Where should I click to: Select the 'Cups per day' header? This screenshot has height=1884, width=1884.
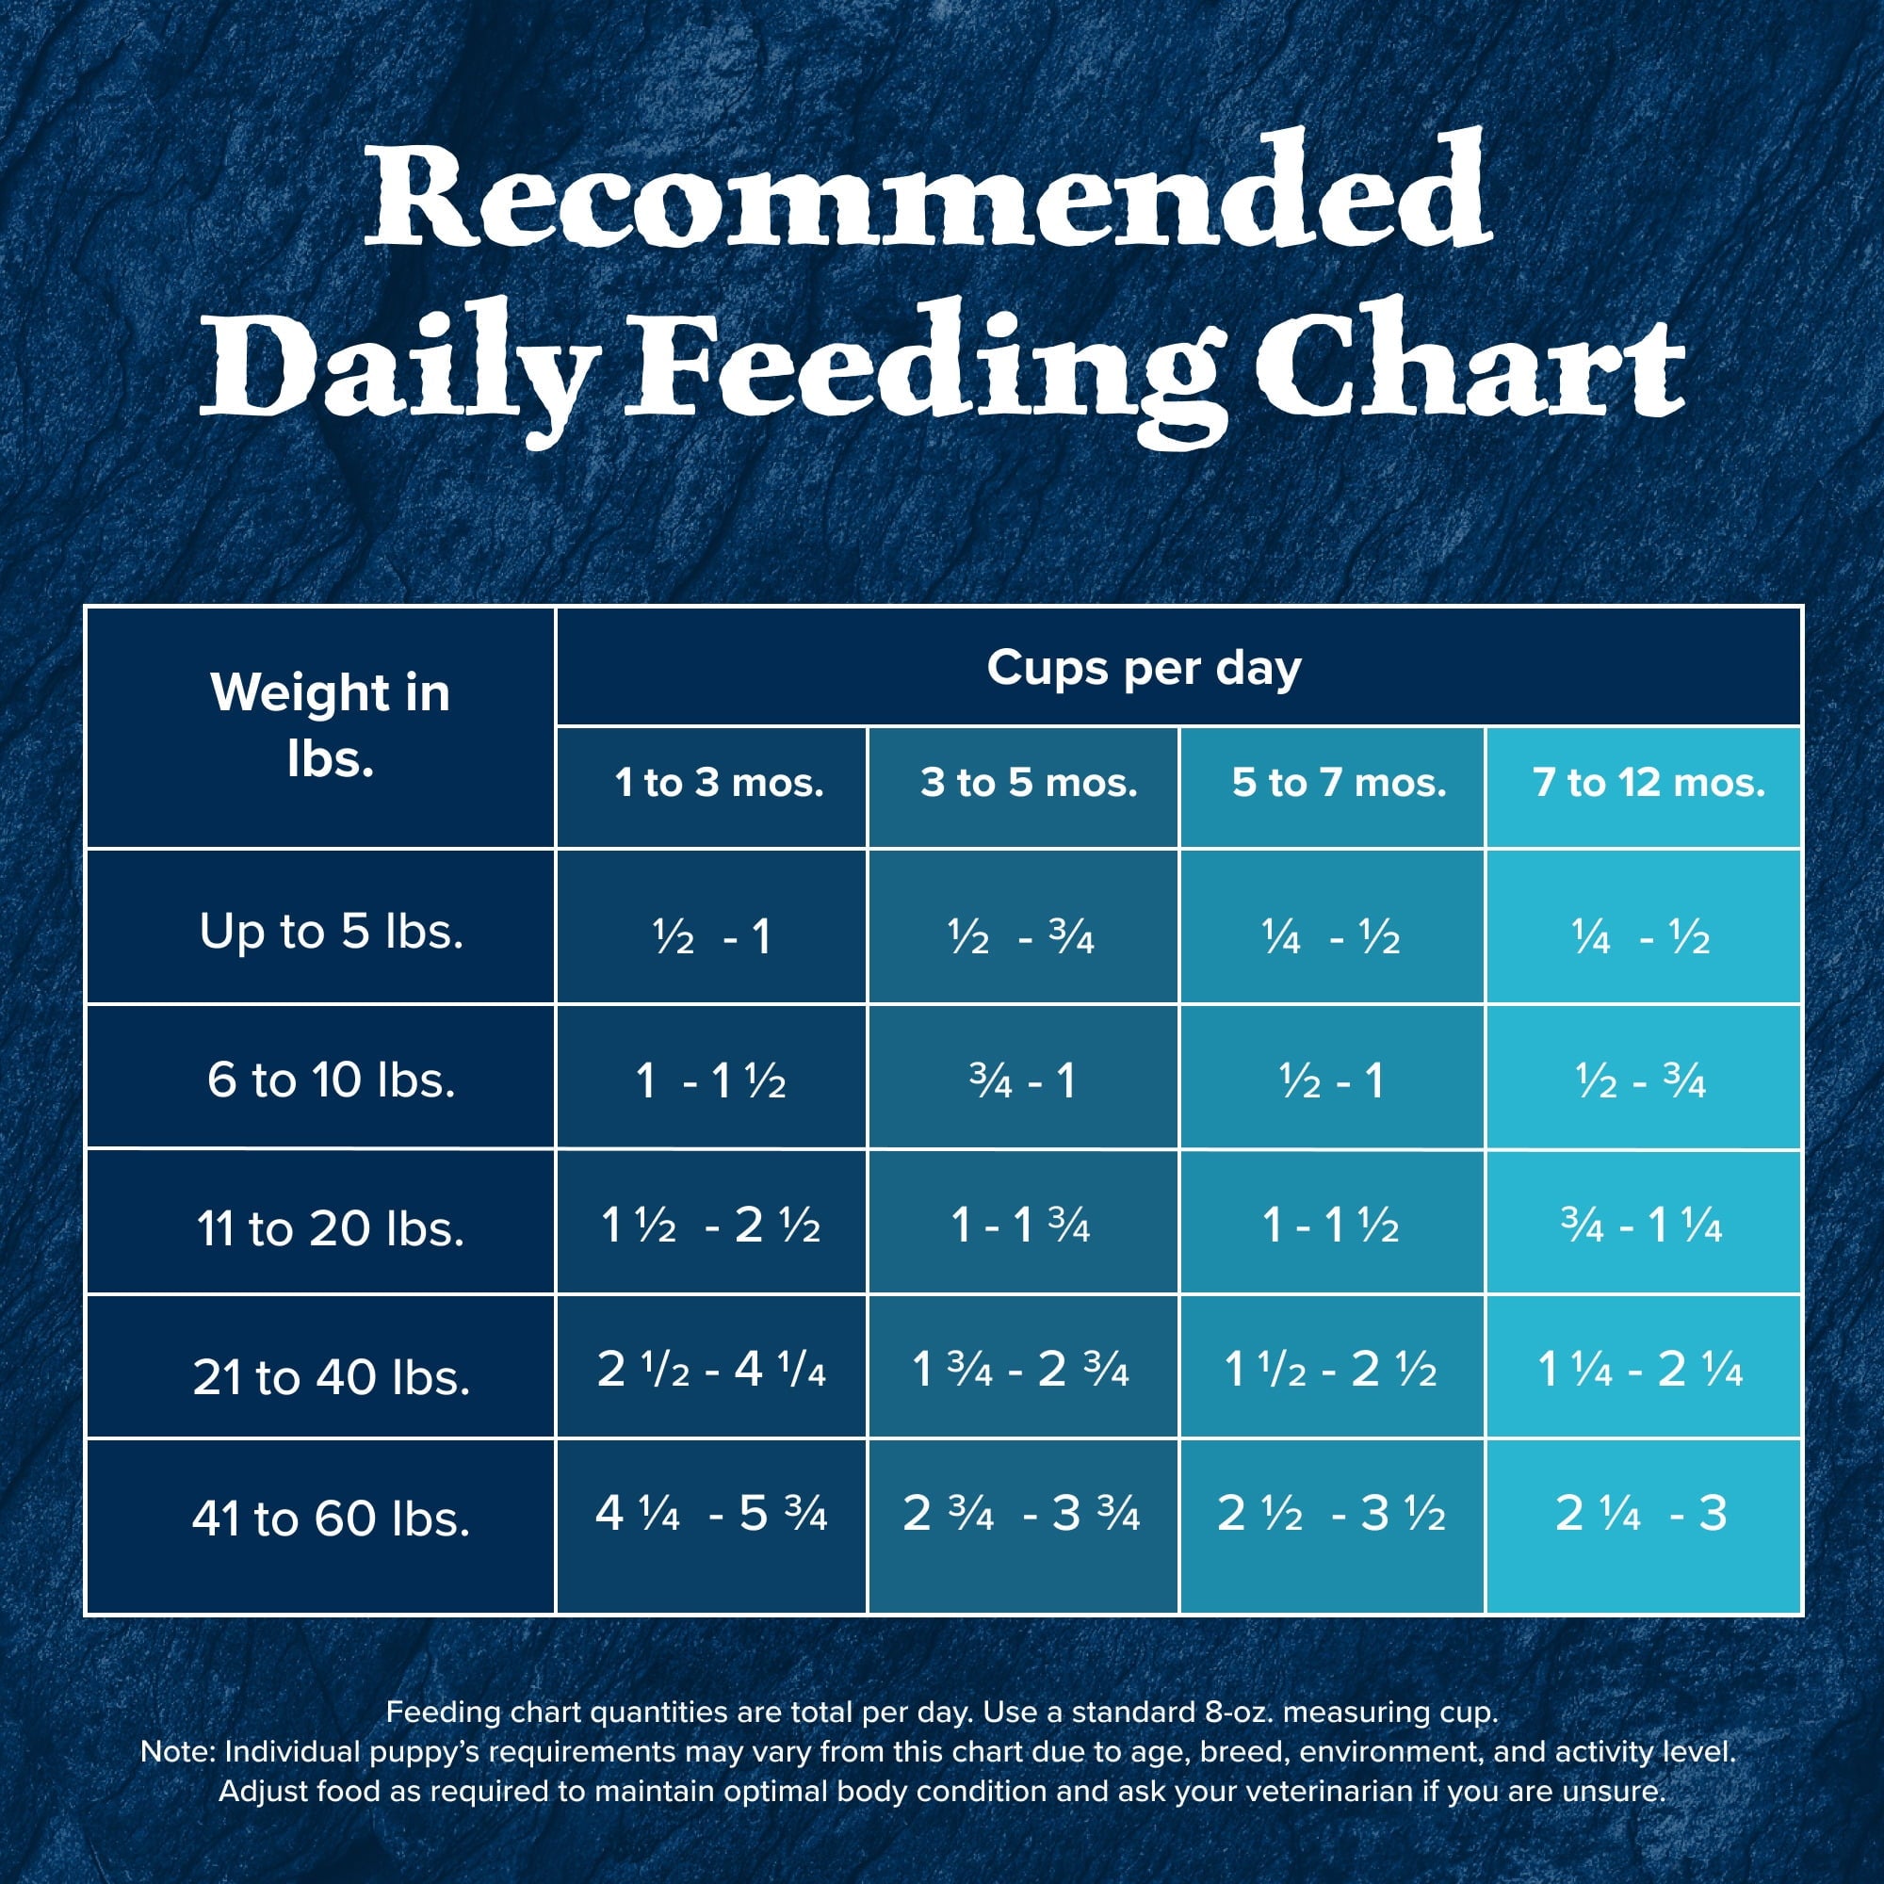coord(1143,669)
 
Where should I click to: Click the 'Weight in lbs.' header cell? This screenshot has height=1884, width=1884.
coord(330,725)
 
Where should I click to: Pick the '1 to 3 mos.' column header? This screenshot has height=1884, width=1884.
coord(719,783)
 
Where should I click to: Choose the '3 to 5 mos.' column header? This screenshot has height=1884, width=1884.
coord(1029,783)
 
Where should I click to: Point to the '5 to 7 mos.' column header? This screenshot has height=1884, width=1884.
coord(1338,783)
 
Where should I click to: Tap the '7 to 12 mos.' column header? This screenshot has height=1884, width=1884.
coord(1648,783)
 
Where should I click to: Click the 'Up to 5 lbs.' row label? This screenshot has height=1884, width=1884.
coord(331,932)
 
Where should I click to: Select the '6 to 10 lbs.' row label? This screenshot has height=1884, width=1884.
coord(331,1080)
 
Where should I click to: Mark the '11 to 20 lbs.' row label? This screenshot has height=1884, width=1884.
coord(331,1227)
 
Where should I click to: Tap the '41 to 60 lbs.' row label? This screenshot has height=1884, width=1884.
coord(331,1519)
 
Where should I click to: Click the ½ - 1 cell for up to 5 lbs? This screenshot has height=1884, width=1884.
coord(712,937)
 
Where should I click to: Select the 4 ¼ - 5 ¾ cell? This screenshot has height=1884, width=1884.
coord(711,1514)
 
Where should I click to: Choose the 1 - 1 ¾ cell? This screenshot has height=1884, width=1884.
coord(1020,1226)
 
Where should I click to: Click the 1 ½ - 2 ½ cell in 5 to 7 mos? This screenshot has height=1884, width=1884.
coord(1330,1370)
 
